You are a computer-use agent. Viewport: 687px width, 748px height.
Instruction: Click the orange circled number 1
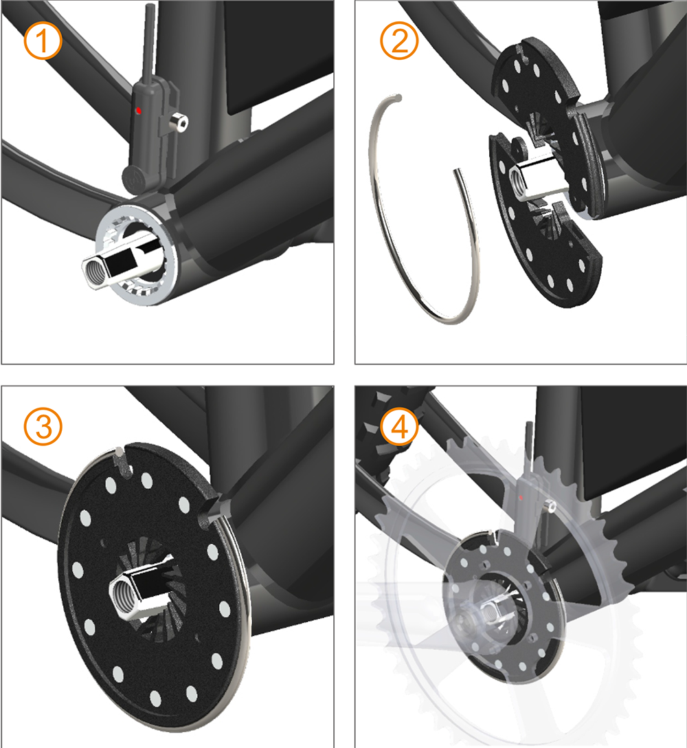[43, 41]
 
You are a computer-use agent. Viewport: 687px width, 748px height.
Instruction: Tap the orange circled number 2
[399, 41]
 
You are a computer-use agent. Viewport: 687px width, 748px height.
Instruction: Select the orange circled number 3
[43, 426]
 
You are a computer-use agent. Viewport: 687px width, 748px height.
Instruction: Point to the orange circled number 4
[399, 426]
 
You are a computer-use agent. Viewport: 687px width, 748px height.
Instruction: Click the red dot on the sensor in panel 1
[139, 111]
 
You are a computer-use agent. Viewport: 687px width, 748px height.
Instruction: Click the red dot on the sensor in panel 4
[521, 498]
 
